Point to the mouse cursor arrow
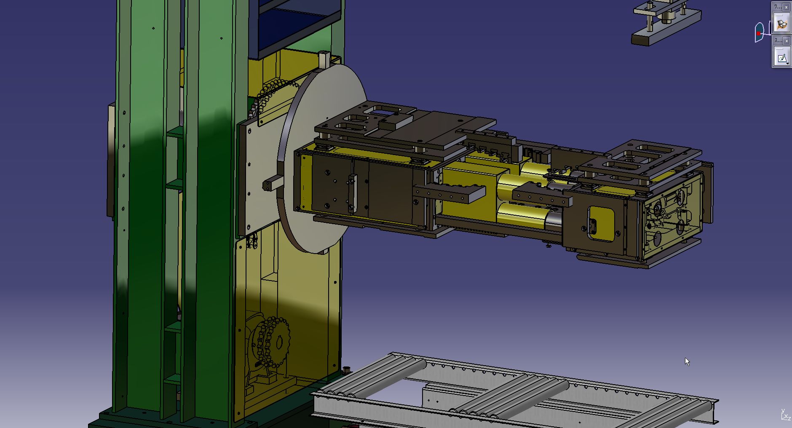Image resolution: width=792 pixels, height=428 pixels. [687, 361]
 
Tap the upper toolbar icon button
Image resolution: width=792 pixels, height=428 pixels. [781, 24]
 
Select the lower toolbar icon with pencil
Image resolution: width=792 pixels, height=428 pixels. [781, 57]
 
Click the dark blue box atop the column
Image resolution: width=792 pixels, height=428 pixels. [295, 25]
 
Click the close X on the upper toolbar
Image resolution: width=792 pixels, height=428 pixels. [786, 7]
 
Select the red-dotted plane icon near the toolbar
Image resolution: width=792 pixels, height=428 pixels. [759, 33]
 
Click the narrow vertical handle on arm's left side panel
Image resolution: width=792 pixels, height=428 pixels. [352, 194]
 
